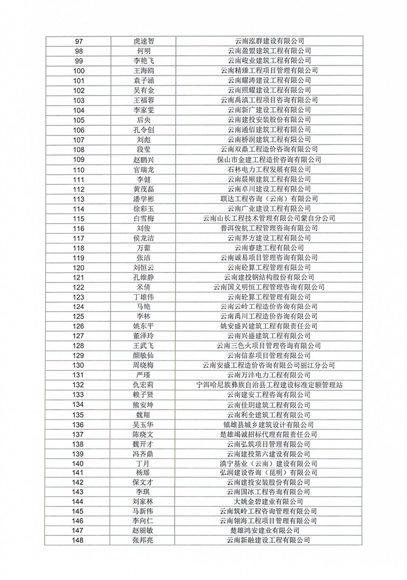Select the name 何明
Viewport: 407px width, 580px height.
(x=144, y=51)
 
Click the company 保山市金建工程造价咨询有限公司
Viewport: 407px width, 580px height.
(x=269, y=159)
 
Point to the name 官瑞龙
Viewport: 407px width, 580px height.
(x=144, y=169)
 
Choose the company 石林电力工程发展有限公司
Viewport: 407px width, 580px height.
(x=269, y=169)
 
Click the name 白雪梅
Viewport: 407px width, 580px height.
(x=144, y=218)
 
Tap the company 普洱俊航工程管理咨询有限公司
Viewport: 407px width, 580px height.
(x=269, y=228)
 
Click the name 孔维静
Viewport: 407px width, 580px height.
(x=144, y=277)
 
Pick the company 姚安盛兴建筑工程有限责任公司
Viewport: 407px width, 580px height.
(x=269, y=326)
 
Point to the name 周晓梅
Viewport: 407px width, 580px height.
(x=144, y=365)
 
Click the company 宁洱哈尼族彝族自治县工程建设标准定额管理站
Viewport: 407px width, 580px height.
(x=269, y=385)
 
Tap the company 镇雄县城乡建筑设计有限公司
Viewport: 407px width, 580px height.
(x=269, y=424)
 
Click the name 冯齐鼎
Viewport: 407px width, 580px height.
(x=144, y=454)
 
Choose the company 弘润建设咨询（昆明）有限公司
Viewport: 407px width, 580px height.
(x=269, y=474)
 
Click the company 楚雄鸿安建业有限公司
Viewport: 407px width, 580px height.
(x=269, y=531)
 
